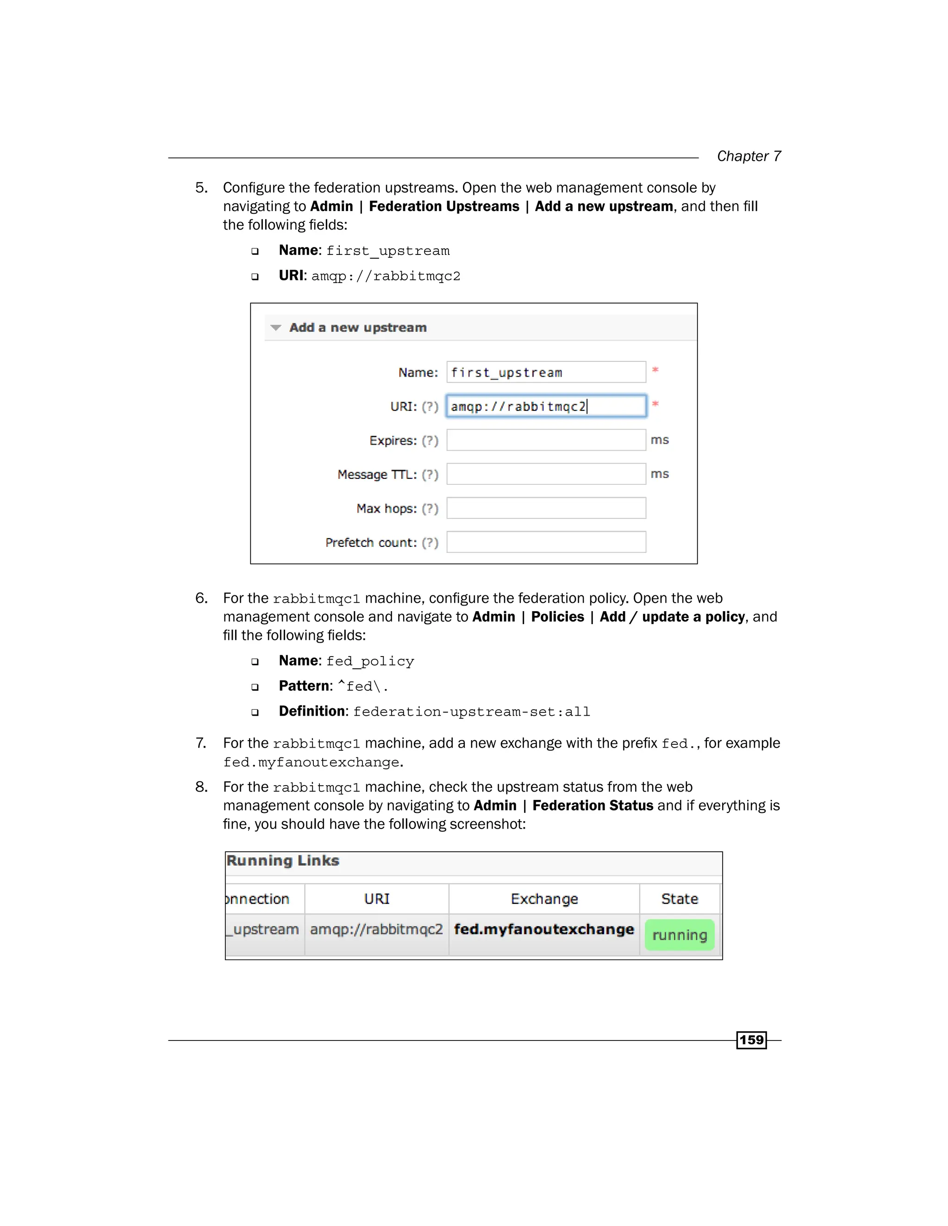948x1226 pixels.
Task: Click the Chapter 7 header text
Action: (x=748, y=156)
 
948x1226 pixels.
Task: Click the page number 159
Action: (x=751, y=1040)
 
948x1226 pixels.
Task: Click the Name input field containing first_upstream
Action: (x=546, y=372)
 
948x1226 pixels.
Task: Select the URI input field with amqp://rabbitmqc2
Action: (x=546, y=406)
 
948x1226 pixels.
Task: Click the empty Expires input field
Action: (x=546, y=440)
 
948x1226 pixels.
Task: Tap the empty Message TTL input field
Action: (x=546, y=474)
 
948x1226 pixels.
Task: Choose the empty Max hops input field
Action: (x=546, y=508)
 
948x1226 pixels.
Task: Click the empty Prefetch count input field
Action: (x=546, y=542)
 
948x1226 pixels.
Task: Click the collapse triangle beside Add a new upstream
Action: (x=276, y=327)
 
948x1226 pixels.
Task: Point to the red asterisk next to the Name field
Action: (x=655, y=369)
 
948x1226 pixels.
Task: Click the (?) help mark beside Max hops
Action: (x=430, y=508)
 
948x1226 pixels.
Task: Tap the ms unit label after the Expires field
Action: (x=659, y=440)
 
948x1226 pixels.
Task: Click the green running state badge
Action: (x=680, y=935)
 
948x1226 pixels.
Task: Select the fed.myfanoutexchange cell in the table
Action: (x=543, y=929)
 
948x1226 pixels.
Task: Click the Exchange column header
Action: (x=543, y=899)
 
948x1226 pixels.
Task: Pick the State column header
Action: (x=680, y=899)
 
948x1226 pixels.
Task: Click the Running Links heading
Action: (x=282, y=861)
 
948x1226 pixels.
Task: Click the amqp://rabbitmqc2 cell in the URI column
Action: (x=376, y=929)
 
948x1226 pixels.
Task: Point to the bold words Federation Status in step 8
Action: (x=592, y=805)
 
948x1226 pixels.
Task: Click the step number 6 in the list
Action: (x=200, y=598)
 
